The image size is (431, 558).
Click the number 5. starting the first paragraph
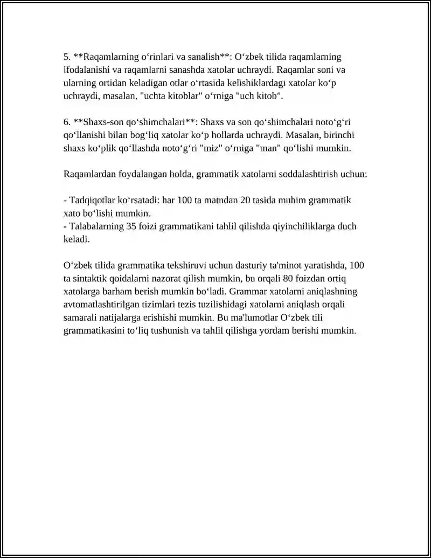pos(67,57)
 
